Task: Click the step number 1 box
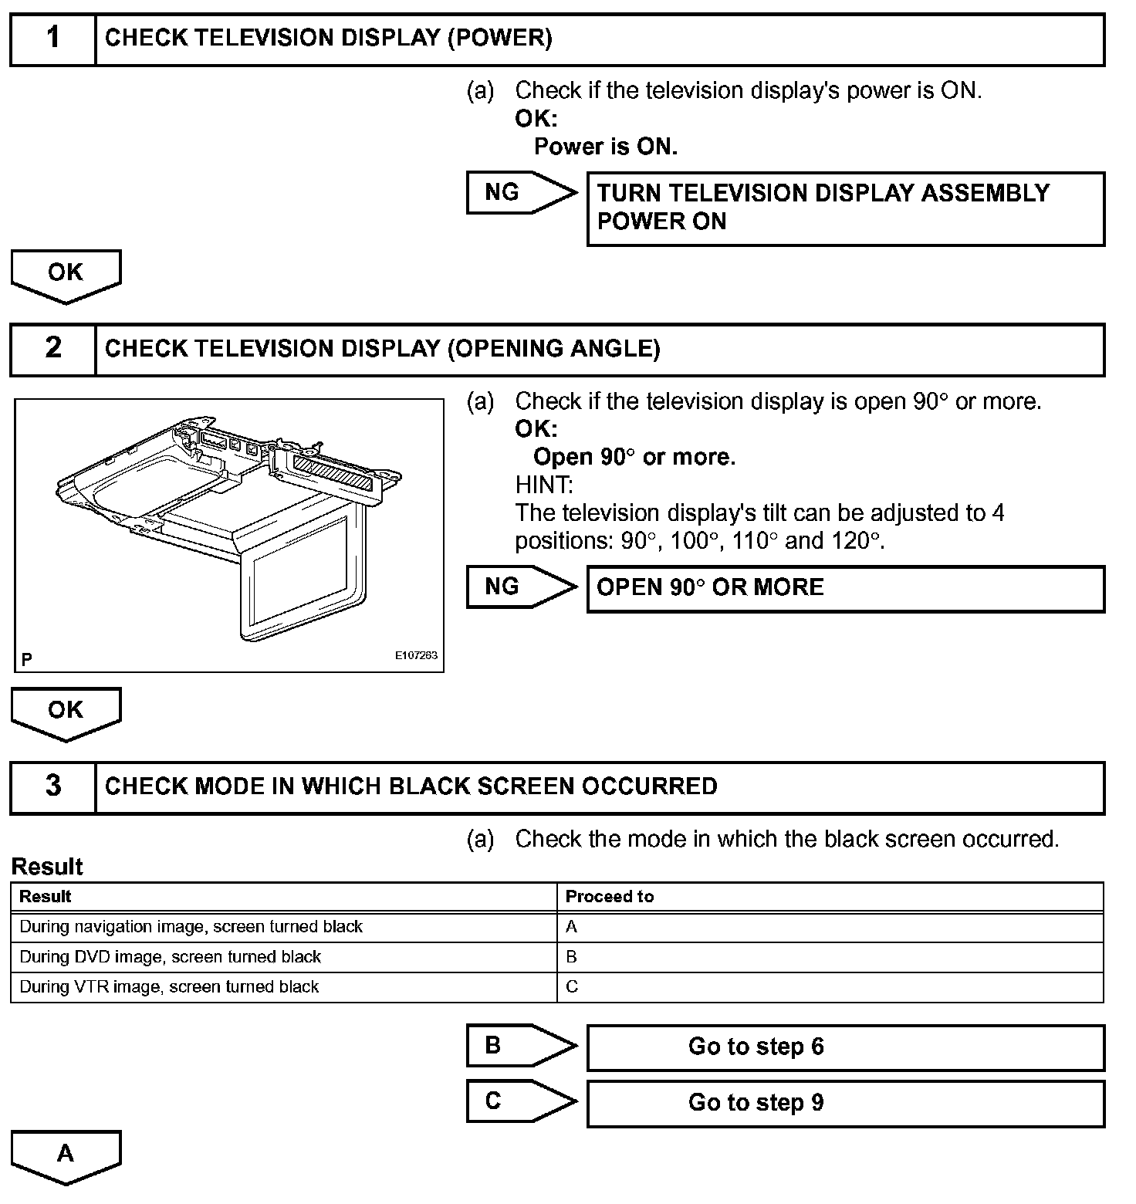pos(52,39)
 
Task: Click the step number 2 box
pos(52,349)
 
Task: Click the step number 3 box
pos(52,786)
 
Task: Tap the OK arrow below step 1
pos(66,275)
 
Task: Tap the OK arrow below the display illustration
pos(66,712)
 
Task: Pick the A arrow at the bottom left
pos(66,1155)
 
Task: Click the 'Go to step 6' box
pos(845,1047)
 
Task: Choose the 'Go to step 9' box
pos(845,1103)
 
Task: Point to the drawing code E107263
pos(416,656)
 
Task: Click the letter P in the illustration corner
pos(27,659)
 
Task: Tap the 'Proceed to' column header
pos(610,897)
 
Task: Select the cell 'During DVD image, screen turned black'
pos(170,957)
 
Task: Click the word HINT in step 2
pos(544,485)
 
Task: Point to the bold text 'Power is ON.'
pos(606,147)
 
